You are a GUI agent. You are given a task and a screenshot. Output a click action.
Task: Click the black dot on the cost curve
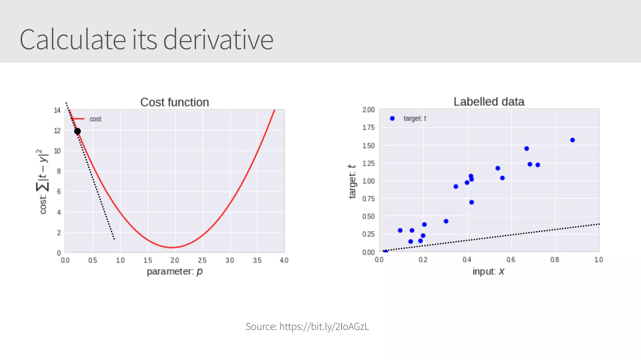(x=77, y=131)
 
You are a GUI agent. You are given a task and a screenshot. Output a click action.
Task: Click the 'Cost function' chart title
(x=174, y=102)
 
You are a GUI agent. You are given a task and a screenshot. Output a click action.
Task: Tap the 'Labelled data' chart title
(x=489, y=102)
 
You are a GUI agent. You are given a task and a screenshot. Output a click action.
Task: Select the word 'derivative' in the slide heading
(x=218, y=40)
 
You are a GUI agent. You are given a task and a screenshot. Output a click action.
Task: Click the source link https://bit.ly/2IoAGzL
(x=324, y=326)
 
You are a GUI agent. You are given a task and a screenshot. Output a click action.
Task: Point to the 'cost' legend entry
(x=95, y=119)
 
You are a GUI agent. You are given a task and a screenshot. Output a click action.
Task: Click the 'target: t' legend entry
(x=414, y=118)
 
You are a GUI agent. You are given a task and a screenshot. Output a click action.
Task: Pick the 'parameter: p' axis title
(x=175, y=271)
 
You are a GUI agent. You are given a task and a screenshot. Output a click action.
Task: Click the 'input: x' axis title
(x=488, y=271)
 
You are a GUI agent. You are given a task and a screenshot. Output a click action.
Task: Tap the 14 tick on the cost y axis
(x=57, y=110)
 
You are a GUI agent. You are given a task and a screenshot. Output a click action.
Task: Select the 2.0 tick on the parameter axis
(x=175, y=260)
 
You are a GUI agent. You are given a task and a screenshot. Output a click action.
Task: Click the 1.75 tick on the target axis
(x=368, y=127)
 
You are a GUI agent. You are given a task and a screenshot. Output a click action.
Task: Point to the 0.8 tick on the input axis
(x=555, y=260)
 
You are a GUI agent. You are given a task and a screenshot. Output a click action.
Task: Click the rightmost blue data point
(x=572, y=140)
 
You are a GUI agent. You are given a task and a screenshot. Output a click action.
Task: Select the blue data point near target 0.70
(x=472, y=202)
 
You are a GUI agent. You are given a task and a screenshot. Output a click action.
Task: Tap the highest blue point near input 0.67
(x=526, y=149)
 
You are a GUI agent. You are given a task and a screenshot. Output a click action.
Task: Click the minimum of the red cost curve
(x=172, y=247)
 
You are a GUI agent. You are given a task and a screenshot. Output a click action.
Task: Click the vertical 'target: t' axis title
(x=352, y=181)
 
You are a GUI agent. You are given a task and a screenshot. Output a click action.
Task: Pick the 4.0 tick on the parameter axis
(x=284, y=260)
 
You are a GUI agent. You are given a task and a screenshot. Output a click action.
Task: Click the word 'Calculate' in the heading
(x=73, y=40)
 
